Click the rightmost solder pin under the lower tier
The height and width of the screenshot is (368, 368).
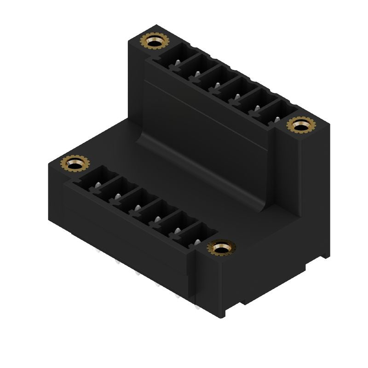coord(197,307)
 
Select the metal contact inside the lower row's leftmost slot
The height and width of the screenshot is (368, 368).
coord(97,185)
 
